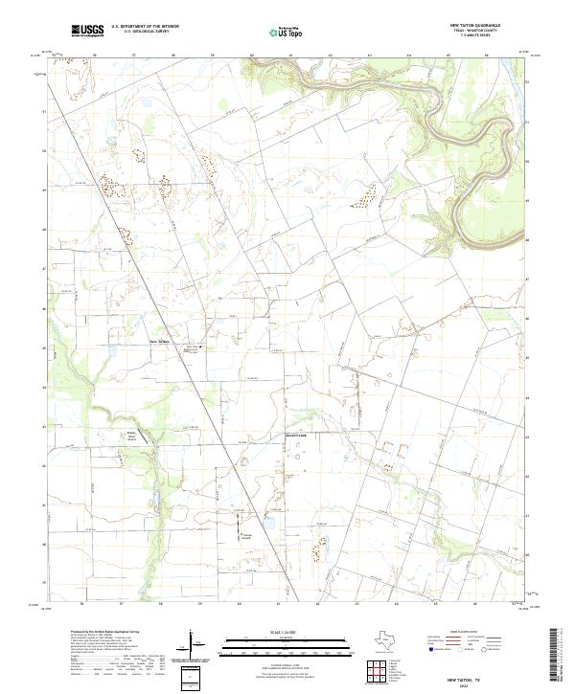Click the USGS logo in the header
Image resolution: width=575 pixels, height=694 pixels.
point(89,31)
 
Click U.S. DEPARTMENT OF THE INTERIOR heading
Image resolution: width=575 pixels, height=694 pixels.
point(145,26)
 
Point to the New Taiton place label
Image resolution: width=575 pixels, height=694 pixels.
point(158,338)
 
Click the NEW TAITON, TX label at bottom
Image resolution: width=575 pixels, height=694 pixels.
point(471,673)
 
